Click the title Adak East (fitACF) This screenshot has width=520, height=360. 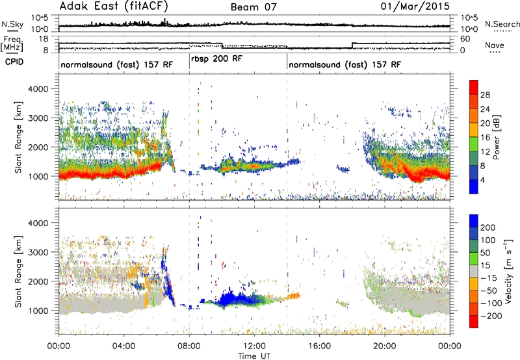(114, 6)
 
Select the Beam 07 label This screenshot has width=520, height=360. (253, 7)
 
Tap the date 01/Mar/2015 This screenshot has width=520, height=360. (415, 6)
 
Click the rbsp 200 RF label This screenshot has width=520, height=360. (217, 58)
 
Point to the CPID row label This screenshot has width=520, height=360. (14, 62)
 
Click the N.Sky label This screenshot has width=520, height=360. (12, 24)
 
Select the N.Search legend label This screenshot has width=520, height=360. (502, 24)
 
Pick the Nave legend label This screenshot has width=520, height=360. (495, 45)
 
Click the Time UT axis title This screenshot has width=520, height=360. (254, 356)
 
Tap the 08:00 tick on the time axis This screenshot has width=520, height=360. (189, 346)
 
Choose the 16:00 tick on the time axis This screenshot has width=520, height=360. (319, 346)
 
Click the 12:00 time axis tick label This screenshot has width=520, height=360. (254, 346)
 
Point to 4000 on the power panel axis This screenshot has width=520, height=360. (39, 89)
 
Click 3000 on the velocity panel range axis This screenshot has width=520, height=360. (39, 252)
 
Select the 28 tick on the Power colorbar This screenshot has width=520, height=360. (485, 95)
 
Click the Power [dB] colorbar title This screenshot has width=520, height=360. (497, 137)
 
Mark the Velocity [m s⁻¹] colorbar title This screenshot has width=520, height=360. (508, 271)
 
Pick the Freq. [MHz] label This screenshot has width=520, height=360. (12, 44)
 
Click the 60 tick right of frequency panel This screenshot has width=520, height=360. (465, 39)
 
